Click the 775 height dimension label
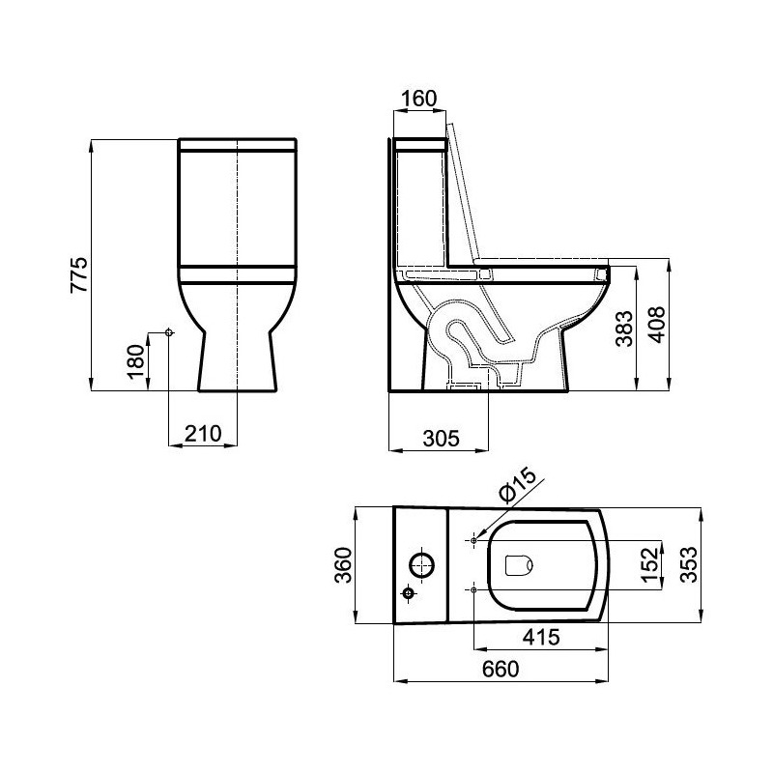click(79, 275)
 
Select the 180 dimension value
click(136, 361)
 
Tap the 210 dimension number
click(203, 434)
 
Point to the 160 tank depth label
click(418, 99)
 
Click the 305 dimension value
click(442, 439)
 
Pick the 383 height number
click(623, 329)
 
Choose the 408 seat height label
click(656, 325)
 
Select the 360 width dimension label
click(343, 565)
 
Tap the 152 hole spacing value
click(650, 565)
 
